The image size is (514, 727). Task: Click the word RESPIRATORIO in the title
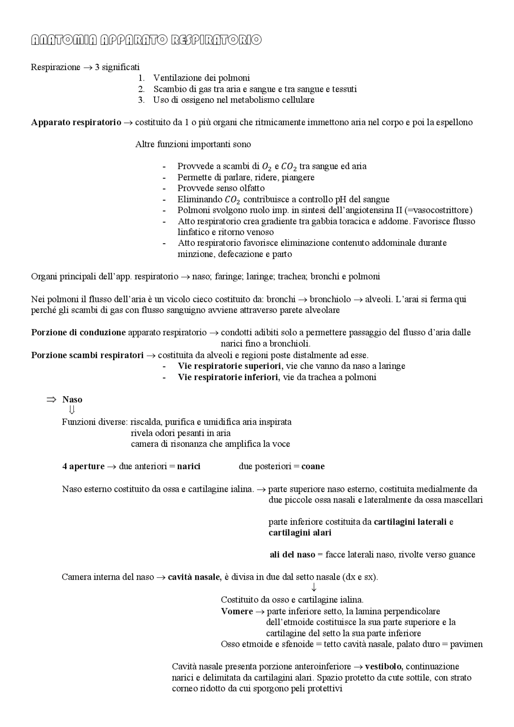click(x=216, y=40)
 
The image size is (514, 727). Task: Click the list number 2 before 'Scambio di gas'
click(x=141, y=89)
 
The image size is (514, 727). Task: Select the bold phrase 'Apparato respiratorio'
click(x=76, y=122)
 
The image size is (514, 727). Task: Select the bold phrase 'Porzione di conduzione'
click(x=78, y=332)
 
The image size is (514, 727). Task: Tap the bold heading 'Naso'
click(x=72, y=399)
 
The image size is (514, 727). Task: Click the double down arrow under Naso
click(x=72, y=410)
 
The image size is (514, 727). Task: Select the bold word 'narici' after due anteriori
click(x=189, y=466)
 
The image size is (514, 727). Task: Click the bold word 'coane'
click(x=313, y=466)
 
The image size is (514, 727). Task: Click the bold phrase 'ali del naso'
click(x=292, y=554)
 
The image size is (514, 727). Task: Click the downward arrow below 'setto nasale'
click(x=314, y=588)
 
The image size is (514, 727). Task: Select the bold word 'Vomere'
click(x=237, y=611)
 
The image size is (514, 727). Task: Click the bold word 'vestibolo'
click(x=384, y=666)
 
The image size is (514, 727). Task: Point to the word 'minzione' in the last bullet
click(x=193, y=254)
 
